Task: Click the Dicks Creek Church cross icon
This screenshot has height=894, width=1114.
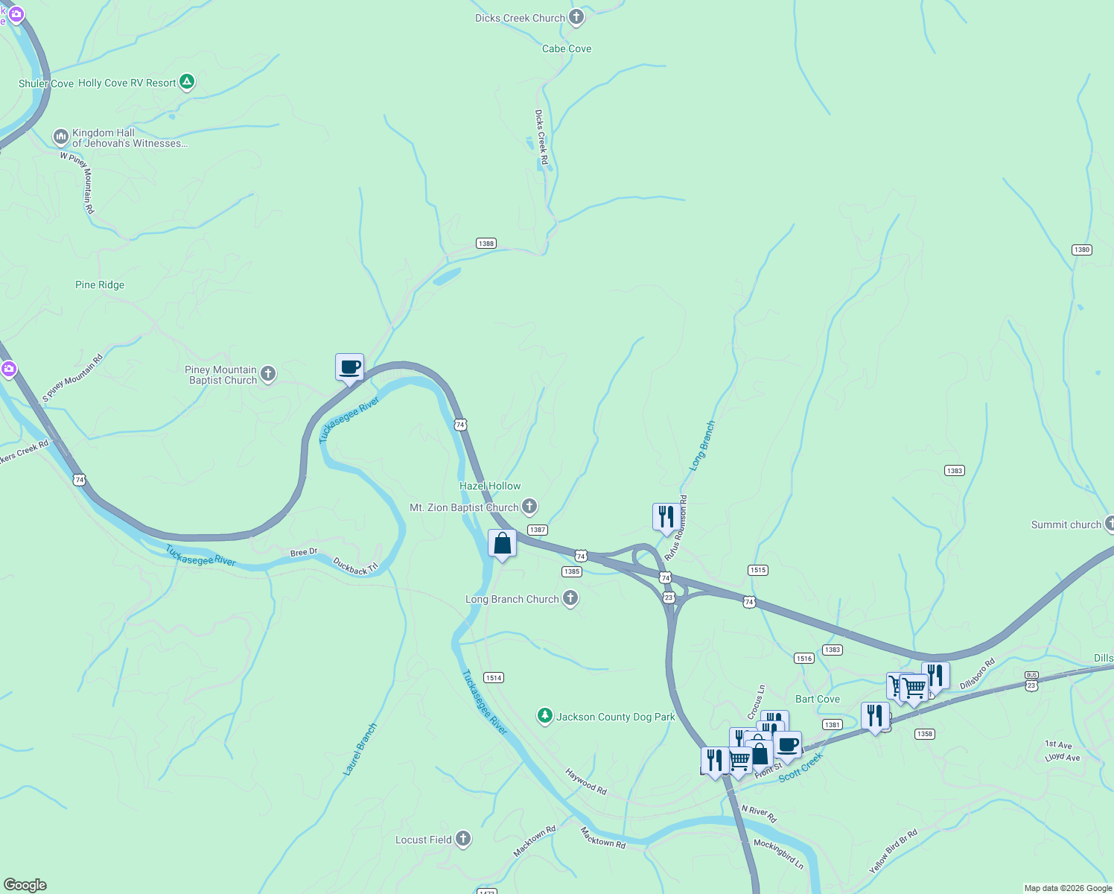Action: point(576,17)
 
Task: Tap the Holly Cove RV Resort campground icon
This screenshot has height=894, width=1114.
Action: point(187,82)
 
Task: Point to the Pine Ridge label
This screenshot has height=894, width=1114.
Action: point(100,285)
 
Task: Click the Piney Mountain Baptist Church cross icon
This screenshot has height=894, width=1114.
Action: point(268,374)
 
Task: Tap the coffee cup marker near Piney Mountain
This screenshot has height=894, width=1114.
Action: point(349,367)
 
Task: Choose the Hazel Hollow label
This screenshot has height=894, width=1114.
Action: point(490,486)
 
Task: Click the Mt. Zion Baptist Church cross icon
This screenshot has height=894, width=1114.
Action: point(529,507)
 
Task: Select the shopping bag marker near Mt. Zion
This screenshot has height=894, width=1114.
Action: point(502,543)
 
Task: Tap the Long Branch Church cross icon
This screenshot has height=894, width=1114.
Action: point(570,598)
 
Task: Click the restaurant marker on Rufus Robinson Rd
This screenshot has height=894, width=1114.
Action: point(666,516)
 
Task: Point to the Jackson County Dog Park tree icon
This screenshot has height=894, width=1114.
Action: point(545,716)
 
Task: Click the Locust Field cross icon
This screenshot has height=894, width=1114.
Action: point(463,839)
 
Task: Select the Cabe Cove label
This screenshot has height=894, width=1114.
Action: point(567,48)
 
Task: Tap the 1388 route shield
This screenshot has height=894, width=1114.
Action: point(486,244)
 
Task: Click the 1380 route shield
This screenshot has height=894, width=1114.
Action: point(1082,250)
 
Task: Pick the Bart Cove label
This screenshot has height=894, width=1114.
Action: point(818,699)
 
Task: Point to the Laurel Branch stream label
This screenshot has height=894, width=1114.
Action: point(360,749)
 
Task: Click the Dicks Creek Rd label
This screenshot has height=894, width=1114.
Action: point(542,138)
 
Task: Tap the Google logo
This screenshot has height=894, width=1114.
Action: point(25,885)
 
